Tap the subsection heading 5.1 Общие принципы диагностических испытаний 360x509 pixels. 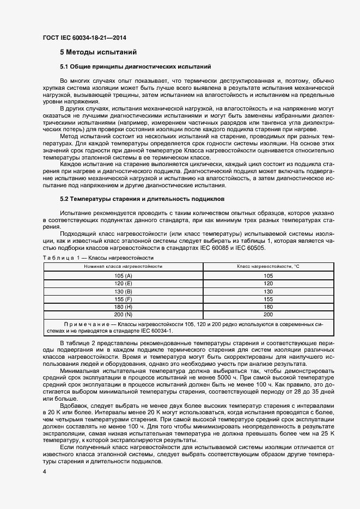135,66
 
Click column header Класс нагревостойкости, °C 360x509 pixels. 268,266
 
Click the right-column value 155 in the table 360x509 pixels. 268,299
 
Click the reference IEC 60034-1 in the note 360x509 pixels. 157,330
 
